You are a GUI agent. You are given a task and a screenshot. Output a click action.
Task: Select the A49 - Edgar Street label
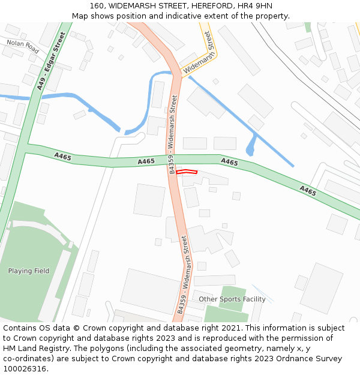click(50, 61)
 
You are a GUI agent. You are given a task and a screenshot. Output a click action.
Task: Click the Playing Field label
click(29, 271)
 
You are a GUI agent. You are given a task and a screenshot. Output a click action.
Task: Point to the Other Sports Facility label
click(232, 299)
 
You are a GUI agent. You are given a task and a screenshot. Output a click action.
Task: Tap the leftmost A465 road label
click(62, 157)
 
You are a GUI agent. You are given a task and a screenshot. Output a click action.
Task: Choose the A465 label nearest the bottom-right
click(308, 191)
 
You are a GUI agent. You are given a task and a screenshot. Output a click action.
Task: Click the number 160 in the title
click(97, 6)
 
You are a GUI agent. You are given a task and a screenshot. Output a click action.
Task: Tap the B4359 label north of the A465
click(172, 135)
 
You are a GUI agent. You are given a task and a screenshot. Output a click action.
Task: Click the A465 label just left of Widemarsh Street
click(146, 161)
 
